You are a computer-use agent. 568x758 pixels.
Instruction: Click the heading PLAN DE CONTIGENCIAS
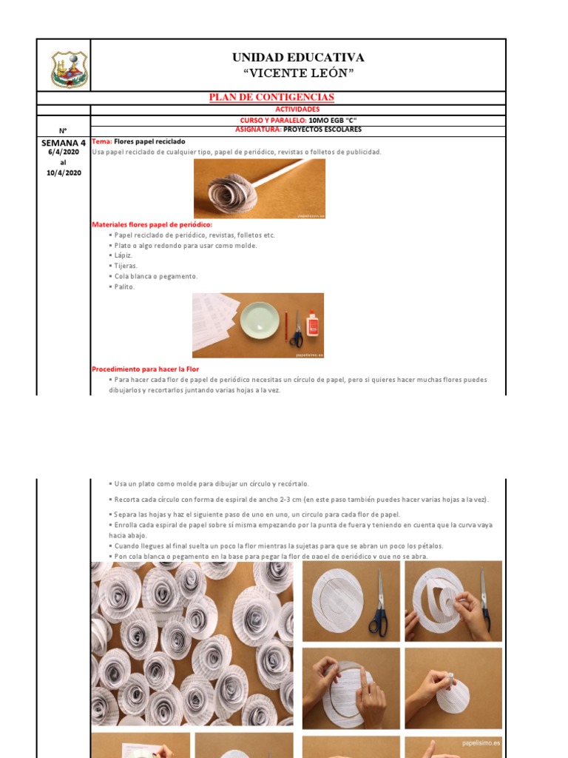[271, 98]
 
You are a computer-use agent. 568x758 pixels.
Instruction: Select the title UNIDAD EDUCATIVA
[298, 58]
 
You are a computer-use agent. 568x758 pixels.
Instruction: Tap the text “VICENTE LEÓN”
[298, 73]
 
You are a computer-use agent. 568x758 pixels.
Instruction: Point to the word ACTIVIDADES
[297, 110]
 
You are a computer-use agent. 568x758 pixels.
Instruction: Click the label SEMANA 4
[64, 142]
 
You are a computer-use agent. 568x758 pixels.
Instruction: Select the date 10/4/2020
[64, 172]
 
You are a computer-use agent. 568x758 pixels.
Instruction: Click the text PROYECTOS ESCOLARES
[322, 130]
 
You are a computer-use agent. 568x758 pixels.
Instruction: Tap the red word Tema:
[101, 141]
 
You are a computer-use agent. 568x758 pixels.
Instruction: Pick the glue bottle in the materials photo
[311, 325]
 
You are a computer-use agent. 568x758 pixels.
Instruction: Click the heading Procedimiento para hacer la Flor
[145, 369]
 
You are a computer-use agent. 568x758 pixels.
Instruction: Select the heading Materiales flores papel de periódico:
[152, 224]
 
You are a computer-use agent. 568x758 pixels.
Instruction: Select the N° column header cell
[64, 130]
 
